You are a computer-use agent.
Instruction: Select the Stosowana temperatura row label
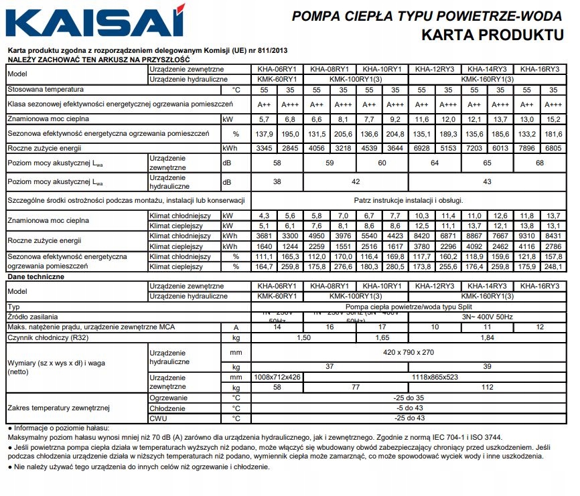pyautogui.click(x=46, y=89)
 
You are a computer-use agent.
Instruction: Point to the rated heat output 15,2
pyautogui.click(x=553, y=119)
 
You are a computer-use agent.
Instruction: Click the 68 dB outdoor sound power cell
pyautogui.click(x=539, y=163)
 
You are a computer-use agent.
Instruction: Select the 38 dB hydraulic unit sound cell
pyautogui.click(x=277, y=181)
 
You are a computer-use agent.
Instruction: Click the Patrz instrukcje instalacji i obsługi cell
pyautogui.click(x=408, y=199)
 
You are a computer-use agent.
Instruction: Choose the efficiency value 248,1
pyautogui.click(x=553, y=266)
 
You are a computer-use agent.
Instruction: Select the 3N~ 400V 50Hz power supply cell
pyautogui.click(x=487, y=315)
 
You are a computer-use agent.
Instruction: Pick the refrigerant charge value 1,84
pyautogui.click(x=487, y=337)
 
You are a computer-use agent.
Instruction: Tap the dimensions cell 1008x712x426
pyautogui.click(x=277, y=378)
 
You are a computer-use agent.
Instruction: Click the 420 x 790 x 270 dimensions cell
pyautogui.click(x=408, y=351)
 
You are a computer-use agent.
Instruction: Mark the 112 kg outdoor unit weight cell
pyautogui.click(x=487, y=387)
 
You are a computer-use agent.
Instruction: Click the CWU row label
pyautogui.click(x=158, y=418)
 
